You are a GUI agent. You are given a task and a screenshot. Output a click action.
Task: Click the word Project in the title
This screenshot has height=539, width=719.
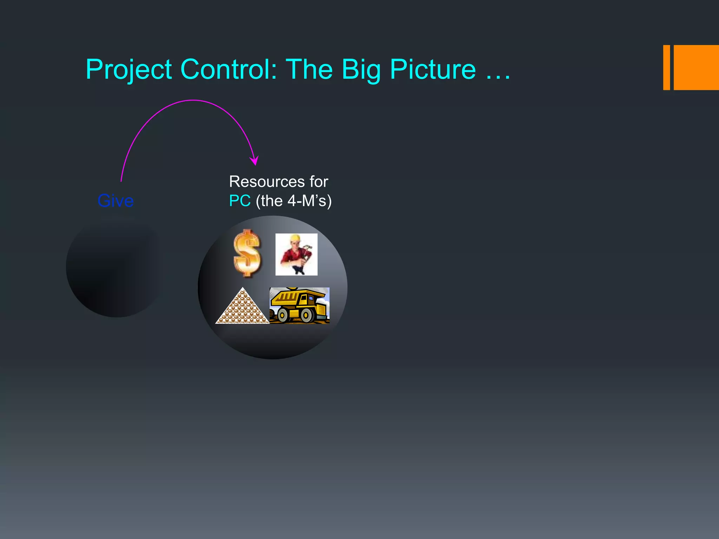click(x=128, y=69)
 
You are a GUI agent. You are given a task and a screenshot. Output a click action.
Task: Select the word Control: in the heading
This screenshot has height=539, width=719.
click(x=229, y=69)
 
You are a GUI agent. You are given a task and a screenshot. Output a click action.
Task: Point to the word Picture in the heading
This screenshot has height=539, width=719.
click(x=433, y=69)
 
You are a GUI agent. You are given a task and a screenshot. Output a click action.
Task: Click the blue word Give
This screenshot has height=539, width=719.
click(x=116, y=201)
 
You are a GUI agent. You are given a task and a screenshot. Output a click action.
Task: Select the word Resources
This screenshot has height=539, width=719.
click(x=267, y=182)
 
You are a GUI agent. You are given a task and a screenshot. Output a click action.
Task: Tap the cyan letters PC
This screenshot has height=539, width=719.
click(x=240, y=201)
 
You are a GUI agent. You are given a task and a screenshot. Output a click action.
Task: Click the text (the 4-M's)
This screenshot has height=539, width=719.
click(x=293, y=201)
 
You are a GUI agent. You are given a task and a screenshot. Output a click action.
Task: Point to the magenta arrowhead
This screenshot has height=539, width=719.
click(x=255, y=161)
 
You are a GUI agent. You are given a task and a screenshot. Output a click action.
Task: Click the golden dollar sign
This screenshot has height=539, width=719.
click(x=247, y=253)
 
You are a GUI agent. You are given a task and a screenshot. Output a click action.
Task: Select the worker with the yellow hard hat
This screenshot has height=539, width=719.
click(x=296, y=254)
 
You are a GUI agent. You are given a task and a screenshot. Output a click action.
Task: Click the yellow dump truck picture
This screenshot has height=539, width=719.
click(x=299, y=305)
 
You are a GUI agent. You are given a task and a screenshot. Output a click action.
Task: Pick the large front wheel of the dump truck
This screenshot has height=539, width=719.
click(x=306, y=315)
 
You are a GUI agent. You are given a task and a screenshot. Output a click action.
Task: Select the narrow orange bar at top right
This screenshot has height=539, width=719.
click(x=666, y=67)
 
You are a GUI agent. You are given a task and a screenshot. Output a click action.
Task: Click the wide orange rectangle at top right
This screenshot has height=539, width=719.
click(x=696, y=67)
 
